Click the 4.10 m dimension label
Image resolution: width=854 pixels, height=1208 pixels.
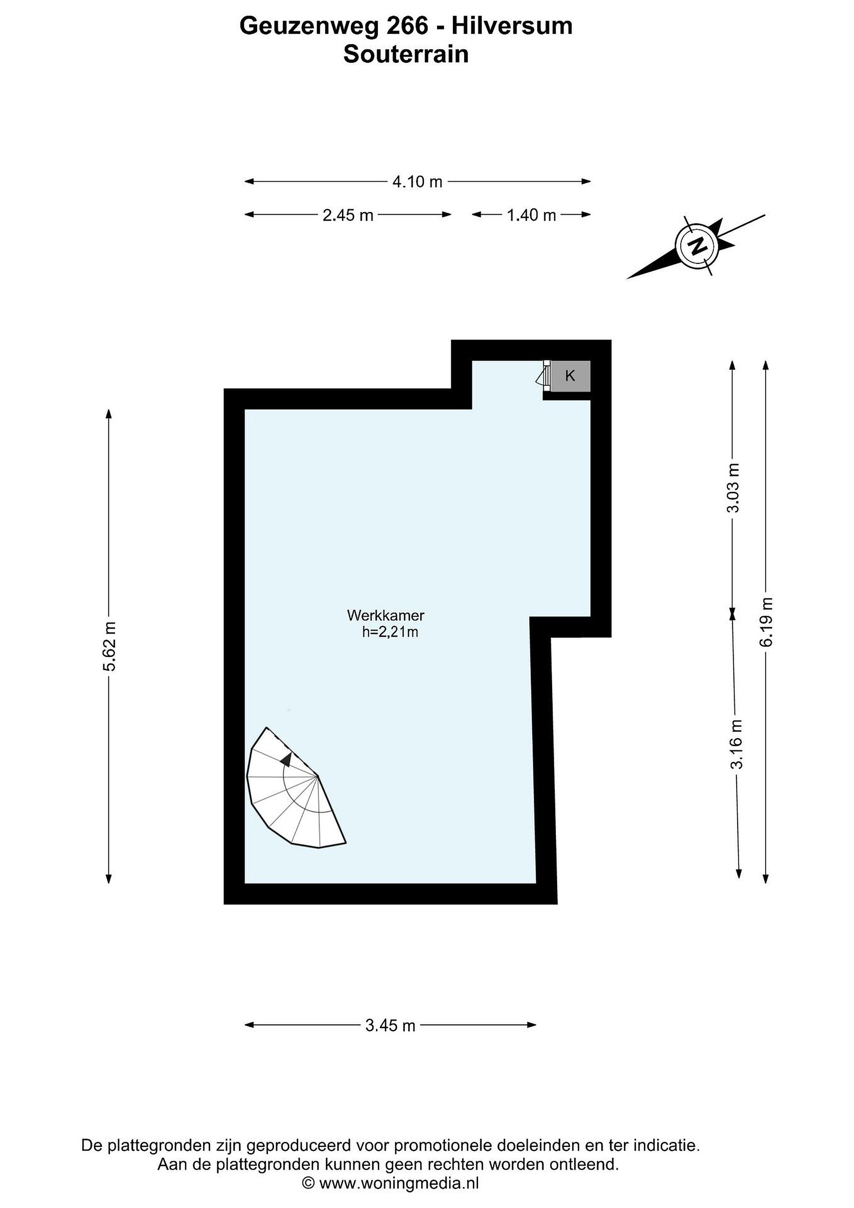coord(418,182)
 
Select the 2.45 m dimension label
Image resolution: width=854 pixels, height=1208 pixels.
coord(348,215)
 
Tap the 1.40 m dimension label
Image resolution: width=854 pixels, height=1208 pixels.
coord(532,215)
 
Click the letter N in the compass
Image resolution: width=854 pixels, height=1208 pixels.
coord(698,246)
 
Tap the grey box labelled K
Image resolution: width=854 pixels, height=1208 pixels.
coord(570,376)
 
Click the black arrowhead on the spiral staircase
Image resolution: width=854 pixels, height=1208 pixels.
coord(286,759)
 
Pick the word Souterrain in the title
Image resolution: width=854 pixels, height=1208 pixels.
coord(406,55)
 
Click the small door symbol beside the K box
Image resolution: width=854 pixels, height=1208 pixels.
coord(543,376)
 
